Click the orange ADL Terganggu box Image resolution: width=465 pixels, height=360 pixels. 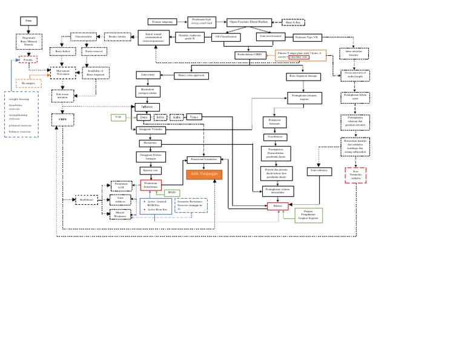click(204, 175)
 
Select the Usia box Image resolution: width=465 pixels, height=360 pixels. click(28, 21)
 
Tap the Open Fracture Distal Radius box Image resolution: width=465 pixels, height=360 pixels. click(249, 22)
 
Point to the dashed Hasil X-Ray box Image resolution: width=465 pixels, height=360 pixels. click(293, 22)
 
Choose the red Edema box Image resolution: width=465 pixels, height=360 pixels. click(277, 206)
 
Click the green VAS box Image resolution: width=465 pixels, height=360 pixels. click(118, 118)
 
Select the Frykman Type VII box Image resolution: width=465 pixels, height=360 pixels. click(307, 38)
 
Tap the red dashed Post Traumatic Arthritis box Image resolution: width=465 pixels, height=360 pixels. click(355, 176)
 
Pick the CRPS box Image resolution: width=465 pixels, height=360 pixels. click(63, 119)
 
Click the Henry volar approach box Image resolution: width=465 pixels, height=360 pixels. click(191, 76)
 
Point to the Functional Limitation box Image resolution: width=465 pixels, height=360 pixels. click(204, 160)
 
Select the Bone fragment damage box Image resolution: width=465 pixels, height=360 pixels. click(303, 77)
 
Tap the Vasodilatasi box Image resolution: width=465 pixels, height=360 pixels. click(275, 138)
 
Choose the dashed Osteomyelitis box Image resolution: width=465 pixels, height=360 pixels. click(84, 37)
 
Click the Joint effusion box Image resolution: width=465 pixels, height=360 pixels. click(319, 172)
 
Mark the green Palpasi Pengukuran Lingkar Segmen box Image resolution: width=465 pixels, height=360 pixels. click(309, 215)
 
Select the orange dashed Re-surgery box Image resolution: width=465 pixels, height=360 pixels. click(28, 84)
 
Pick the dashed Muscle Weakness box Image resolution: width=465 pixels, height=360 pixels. click(120, 215)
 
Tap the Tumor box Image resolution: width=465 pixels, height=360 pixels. click(194, 117)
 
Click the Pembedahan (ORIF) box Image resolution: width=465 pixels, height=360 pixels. click(250, 55)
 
